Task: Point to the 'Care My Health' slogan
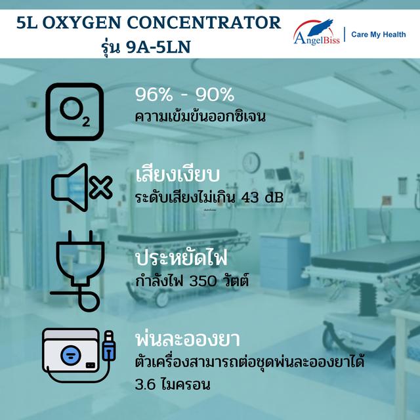(379, 34)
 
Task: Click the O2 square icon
(74, 112)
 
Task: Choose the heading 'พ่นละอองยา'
(186, 341)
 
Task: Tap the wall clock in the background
(251, 162)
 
